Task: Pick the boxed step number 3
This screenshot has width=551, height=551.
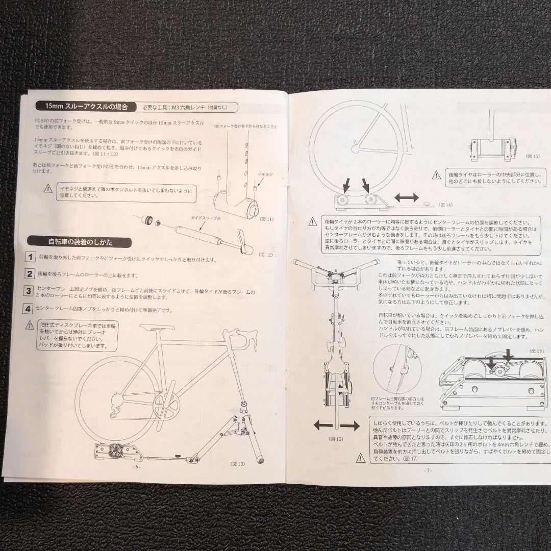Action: pyautogui.click(x=30, y=291)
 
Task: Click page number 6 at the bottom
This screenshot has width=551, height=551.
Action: pyautogui.click(x=136, y=466)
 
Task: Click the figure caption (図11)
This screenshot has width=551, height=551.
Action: pyautogui.click(x=266, y=219)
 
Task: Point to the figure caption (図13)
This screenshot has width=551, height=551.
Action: pyautogui.click(x=238, y=463)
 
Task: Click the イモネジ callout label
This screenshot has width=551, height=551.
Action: pyautogui.click(x=265, y=174)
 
